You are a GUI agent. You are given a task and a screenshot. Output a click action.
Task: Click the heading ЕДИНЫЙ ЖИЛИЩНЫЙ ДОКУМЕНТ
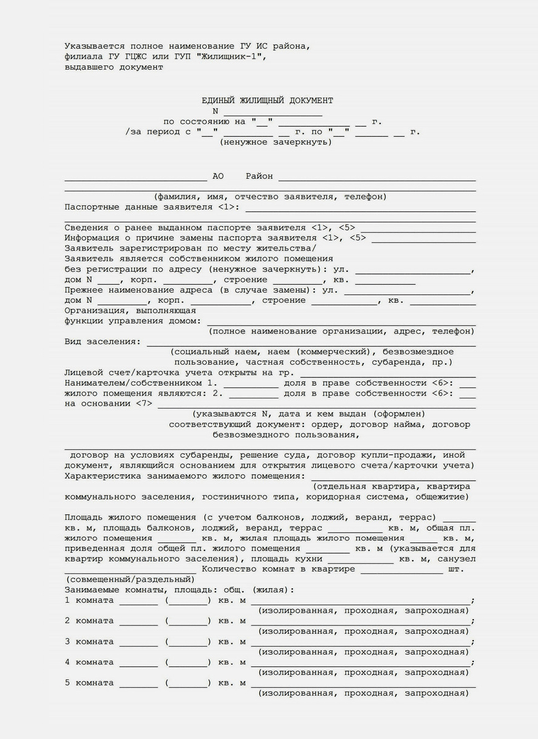(x=268, y=100)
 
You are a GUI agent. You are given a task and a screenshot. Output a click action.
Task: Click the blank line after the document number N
(x=273, y=112)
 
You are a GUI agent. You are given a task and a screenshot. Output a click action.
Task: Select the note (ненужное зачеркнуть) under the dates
(x=276, y=142)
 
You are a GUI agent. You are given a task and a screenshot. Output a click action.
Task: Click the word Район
(x=259, y=177)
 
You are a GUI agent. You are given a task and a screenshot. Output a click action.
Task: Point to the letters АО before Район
(x=218, y=177)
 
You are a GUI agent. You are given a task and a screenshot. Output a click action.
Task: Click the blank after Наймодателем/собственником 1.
(x=251, y=384)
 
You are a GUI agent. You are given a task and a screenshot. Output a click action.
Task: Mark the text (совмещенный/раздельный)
(x=130, y=580)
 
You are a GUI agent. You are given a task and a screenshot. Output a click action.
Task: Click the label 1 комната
(x=89, y=601)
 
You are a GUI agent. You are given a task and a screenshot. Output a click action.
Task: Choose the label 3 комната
(x=89, y=642)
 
